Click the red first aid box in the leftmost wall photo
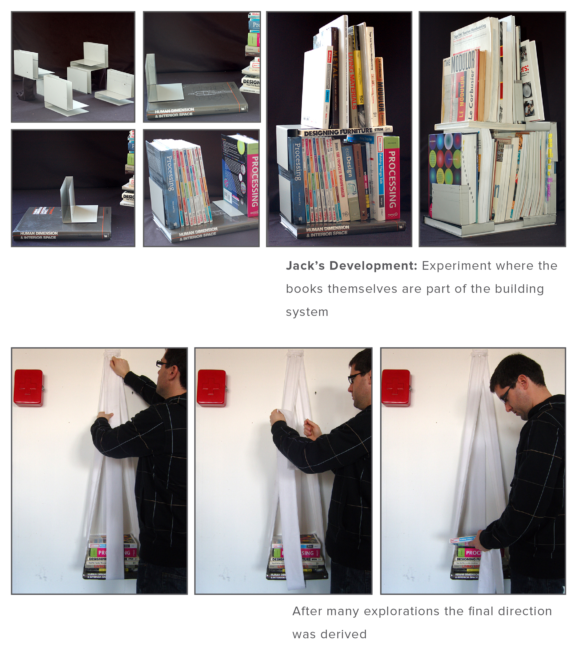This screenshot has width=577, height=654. click(x=29, y=388)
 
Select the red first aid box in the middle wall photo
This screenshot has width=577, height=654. click(x=212, y=388)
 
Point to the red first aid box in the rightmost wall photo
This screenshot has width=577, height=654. click(x=396, y=388)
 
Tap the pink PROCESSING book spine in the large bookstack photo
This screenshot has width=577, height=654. click(x=391, y=178)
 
